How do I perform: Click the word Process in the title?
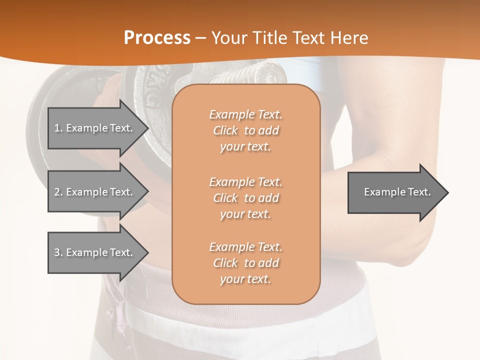click(x=157, y=38)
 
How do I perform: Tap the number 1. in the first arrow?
click(x=58, y=128)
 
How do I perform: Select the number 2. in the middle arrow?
click(x=58, y=192)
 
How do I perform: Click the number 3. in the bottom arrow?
click(x=58, y=252)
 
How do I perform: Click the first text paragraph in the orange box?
click(x=245, y=130)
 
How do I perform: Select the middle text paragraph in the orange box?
click(x=245, y=197)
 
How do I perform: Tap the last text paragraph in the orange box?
click(x=245, y=263)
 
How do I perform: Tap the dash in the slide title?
click(x=200, y=38)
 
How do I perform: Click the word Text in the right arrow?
click(x=419, y=192)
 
